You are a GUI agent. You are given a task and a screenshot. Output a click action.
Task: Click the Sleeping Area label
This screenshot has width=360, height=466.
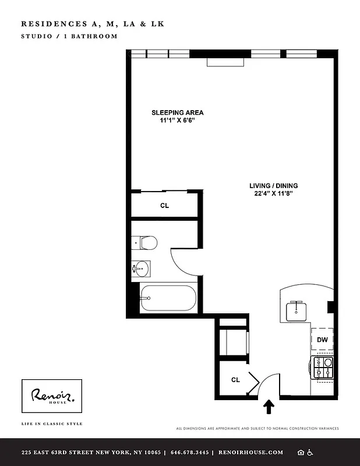178,112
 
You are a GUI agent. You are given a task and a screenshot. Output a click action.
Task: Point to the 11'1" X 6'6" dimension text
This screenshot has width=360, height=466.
178,121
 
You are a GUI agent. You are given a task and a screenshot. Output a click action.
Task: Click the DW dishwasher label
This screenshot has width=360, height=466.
322,340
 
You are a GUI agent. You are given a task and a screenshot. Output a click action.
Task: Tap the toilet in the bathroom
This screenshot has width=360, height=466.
144,242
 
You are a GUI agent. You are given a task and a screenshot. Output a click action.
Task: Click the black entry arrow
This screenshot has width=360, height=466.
269,405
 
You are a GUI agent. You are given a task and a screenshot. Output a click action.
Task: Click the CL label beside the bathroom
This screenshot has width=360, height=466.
165,205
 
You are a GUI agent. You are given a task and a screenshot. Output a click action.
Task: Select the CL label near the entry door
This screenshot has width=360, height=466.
235,380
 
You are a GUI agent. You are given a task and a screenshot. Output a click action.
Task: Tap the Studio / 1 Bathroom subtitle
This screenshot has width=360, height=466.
69,36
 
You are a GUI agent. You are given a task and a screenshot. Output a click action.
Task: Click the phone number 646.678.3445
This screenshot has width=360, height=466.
190,453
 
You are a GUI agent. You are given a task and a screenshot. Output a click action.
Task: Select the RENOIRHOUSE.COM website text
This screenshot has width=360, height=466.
250,453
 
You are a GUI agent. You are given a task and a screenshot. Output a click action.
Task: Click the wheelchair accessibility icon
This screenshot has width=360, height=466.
310,453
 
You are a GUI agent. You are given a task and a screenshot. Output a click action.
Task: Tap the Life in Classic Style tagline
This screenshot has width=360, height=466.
52,423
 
